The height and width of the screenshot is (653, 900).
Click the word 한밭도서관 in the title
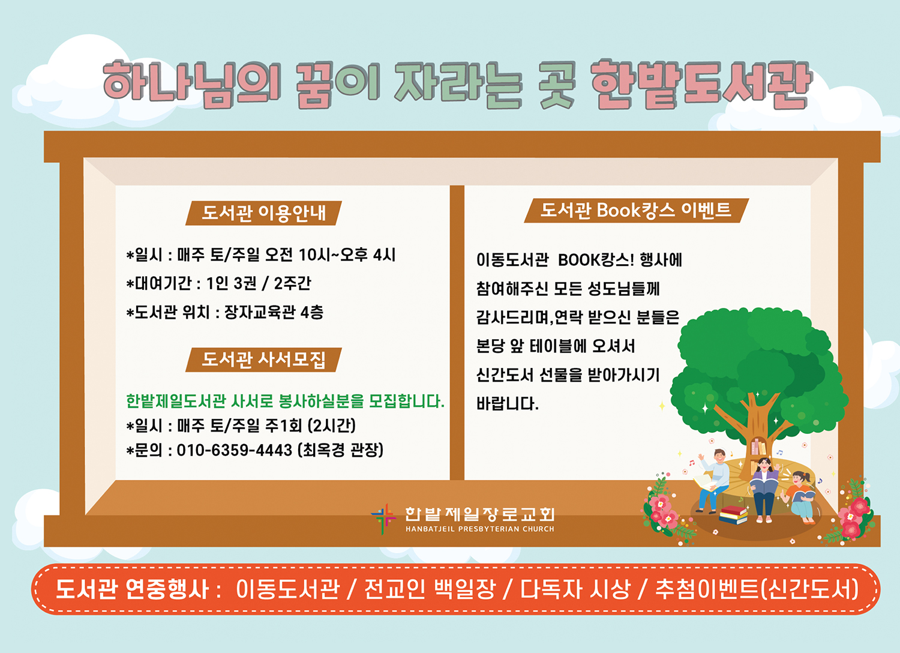(x=701, y=85)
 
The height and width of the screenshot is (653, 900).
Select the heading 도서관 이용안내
(x=263, y=213)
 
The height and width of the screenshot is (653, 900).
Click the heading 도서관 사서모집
(x=263, y=360)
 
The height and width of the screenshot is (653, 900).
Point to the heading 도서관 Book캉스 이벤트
(x=636, y=210)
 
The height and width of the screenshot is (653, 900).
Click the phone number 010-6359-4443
(x=234, y=451)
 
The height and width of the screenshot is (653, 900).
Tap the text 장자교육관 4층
(x=274, y=312)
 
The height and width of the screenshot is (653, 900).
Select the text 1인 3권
(x=232, y=284)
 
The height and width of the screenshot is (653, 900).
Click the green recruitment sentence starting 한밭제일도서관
(x=285, y=401)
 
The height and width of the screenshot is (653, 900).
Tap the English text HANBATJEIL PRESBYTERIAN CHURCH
(x=480, y=529)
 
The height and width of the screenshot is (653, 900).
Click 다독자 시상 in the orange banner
(x=575, y=589)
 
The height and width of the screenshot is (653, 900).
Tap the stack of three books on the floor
(x=733, y=515)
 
